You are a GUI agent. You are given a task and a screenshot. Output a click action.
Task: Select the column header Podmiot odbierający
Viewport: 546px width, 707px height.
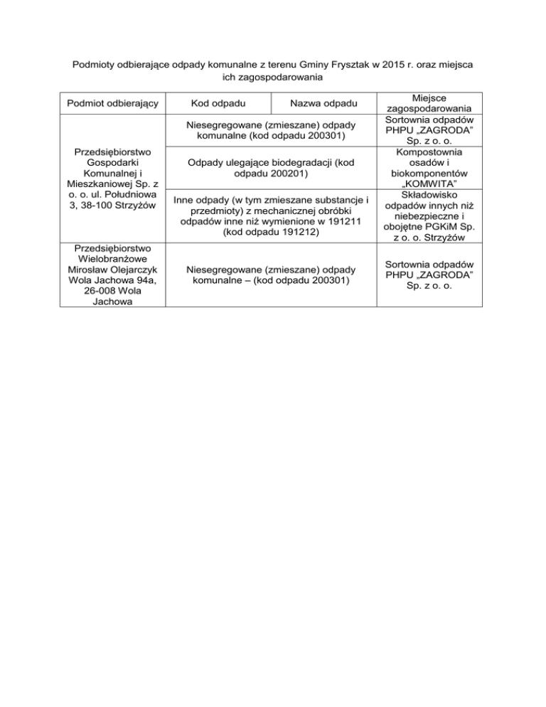(x=113, y=105)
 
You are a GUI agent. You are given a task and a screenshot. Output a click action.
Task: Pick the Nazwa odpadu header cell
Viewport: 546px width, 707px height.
(x=323, y=105)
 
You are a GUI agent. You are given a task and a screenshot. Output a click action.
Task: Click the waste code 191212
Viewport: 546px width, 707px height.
(x=297, y=232)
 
